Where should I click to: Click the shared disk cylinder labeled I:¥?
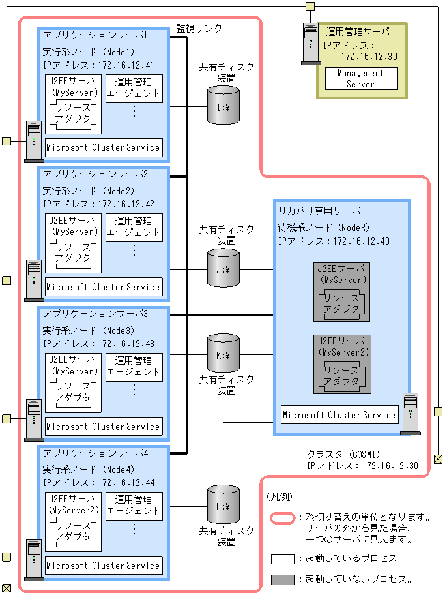click(223, 105)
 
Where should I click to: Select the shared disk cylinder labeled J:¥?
click(223, 267)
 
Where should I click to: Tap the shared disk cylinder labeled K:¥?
click(223, 354)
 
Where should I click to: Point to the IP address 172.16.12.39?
click(368, 57)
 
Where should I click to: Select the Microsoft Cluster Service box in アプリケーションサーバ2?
click(103, 286)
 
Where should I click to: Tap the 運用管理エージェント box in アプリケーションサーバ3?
click(134, 366)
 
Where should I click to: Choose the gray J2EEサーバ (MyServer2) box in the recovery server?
click(341, 364)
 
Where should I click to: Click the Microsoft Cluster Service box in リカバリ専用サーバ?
click(339, 415)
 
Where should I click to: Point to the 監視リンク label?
click(199, 29)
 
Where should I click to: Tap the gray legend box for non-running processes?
click(282, 579)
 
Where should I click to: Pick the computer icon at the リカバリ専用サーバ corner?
click(410, 413)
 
